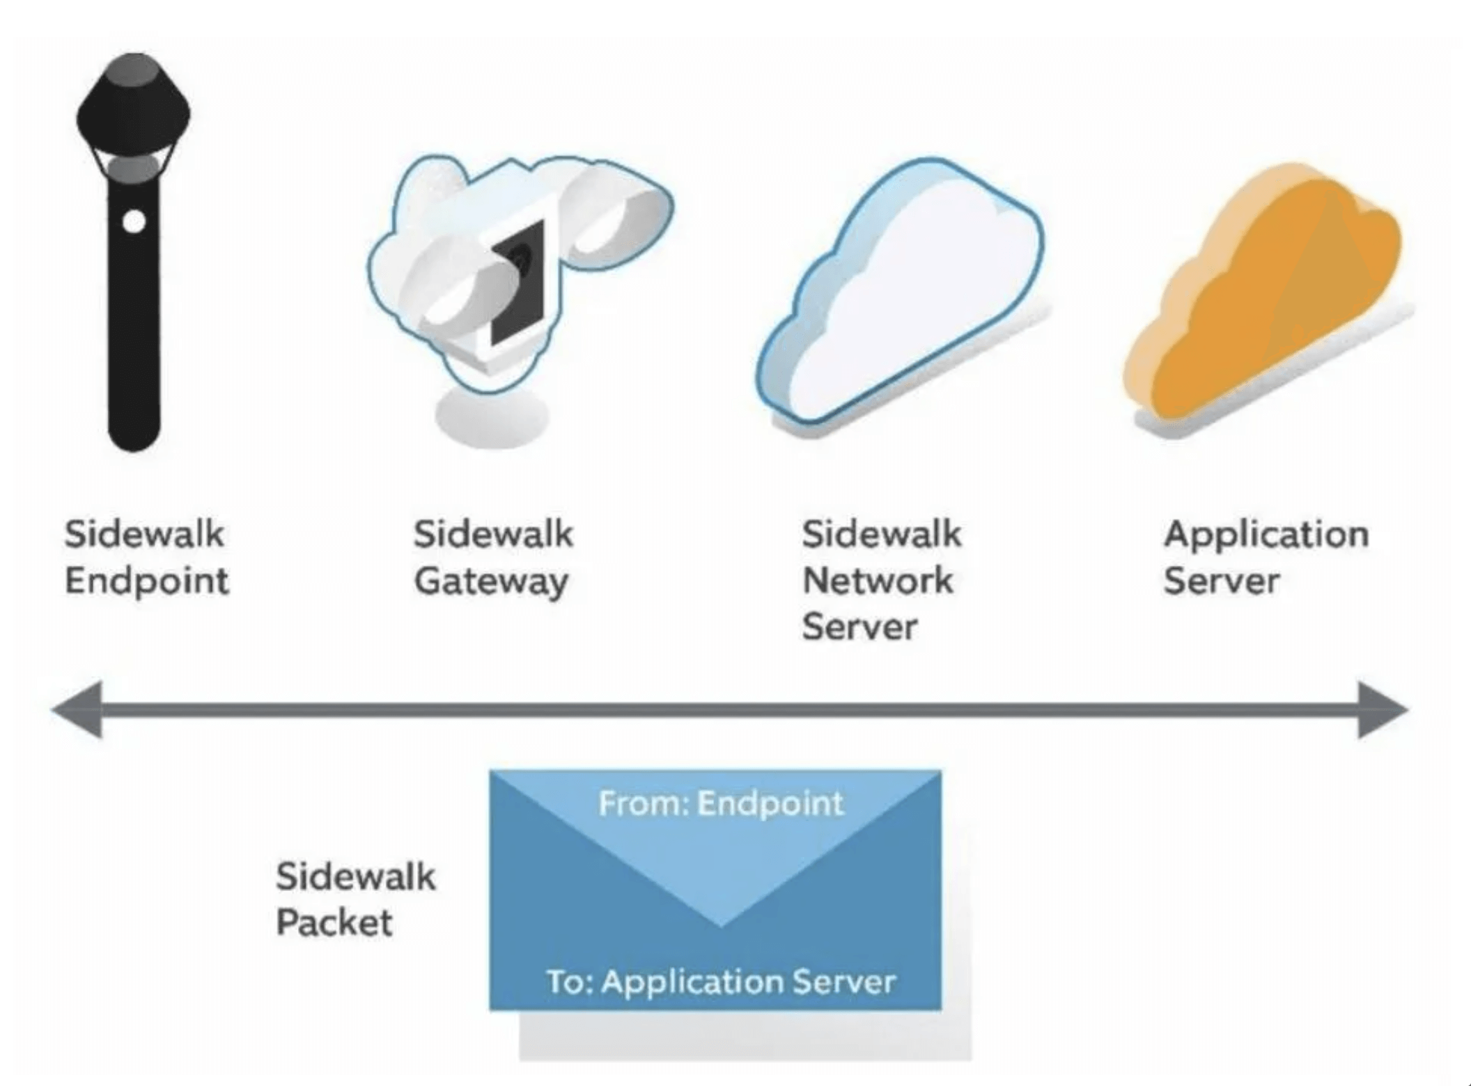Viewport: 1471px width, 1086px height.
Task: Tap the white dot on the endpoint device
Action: click(x=134, y=222)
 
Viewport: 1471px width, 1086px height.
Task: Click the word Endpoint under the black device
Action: click(x=147, y=581)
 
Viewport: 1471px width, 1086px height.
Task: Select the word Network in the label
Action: click(x=878, y=581)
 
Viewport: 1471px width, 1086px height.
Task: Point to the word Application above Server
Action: click(x=1266, y=535)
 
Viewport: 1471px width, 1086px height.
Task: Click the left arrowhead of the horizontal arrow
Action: click(x=78, y=710)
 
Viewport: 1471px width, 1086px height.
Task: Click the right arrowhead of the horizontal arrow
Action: click(x=1382, y=710)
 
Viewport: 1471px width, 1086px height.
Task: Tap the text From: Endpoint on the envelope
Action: click(x=721, y=803)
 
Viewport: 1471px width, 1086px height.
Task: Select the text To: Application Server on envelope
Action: click(x=721, y=982)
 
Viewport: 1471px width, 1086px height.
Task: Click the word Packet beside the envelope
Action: click(x=334, y=923)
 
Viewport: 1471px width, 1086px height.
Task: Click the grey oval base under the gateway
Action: click(x=492, y=418)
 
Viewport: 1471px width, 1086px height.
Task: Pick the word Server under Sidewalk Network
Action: click(x=859, y=627)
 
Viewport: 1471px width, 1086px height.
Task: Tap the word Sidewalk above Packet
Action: click(x=355, y=876)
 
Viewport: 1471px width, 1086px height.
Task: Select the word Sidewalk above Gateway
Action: click(x=493, y=535)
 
